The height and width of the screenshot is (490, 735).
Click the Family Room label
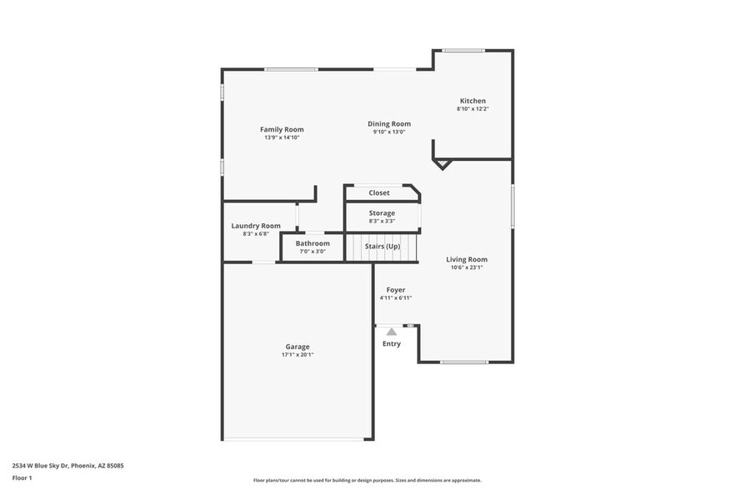pos(282,129)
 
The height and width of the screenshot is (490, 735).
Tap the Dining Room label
pos(389,124)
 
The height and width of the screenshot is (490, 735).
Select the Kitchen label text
pos(472,101)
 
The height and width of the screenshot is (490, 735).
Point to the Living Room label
pos(466,259)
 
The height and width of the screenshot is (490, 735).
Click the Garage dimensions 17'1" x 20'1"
pos(297,355)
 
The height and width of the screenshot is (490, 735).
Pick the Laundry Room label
pos(256,226)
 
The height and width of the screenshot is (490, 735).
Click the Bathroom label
pos(312,243)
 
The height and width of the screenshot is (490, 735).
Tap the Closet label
pos(379,192)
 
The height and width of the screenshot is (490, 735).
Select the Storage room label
pos(382,213)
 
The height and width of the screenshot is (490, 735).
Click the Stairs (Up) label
pos(382,247)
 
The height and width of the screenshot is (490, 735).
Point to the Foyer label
pos(395,290)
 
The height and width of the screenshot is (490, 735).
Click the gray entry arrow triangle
pos(392,331)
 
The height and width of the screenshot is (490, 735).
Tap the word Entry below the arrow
pos(392,343)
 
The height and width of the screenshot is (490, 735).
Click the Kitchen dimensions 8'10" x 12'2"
pos(472,109)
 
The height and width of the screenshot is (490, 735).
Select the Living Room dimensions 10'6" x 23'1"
pos(466,267)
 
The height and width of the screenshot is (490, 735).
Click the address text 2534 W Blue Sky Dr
pos(50,466)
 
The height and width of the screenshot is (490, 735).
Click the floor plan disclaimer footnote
pos(367,480)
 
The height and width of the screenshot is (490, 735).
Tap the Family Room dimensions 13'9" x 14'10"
pos(282,137)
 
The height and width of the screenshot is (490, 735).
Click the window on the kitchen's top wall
pos(463,51)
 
